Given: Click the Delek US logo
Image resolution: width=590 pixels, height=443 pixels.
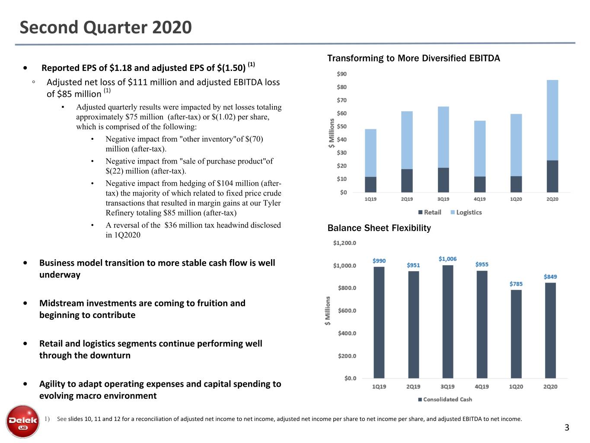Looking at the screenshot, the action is coord(22,421).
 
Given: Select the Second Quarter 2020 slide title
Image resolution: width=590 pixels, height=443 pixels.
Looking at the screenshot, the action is coord(105,27).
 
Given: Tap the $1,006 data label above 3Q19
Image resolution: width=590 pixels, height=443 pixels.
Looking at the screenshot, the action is coord(447,259).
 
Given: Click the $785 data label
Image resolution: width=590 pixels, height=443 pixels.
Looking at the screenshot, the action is coord(516,284).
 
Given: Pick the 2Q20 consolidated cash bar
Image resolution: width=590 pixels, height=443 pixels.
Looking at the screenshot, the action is coord(551,331).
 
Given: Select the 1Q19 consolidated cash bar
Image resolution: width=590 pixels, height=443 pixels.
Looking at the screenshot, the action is coord(379,322).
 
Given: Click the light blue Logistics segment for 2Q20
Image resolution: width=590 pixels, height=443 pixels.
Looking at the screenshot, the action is coord(552,120).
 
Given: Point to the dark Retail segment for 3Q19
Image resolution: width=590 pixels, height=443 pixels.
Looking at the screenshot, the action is coord(443,180).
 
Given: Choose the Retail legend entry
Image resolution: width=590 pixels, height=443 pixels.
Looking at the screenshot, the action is coord(430,212).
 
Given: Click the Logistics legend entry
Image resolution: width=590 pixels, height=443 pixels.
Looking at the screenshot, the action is coord(466,212).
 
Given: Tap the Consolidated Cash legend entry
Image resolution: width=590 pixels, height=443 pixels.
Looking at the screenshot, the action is coord(445,399).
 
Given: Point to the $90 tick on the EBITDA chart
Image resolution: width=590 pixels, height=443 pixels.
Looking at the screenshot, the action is coord(341,74).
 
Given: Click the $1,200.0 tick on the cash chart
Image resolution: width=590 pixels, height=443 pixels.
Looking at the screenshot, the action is coord(344,243).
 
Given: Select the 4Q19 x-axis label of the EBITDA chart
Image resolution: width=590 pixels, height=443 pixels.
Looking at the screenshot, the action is coord(479,199).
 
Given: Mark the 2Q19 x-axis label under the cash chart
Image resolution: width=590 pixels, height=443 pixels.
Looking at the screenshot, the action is coord(413,386).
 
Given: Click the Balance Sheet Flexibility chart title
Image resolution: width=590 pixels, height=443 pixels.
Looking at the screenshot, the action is coord(379,228).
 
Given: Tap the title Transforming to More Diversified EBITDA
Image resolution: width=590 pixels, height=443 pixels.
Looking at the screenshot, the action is coord(413,58).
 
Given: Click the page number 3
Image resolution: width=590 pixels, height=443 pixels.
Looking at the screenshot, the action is coord(567,427).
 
